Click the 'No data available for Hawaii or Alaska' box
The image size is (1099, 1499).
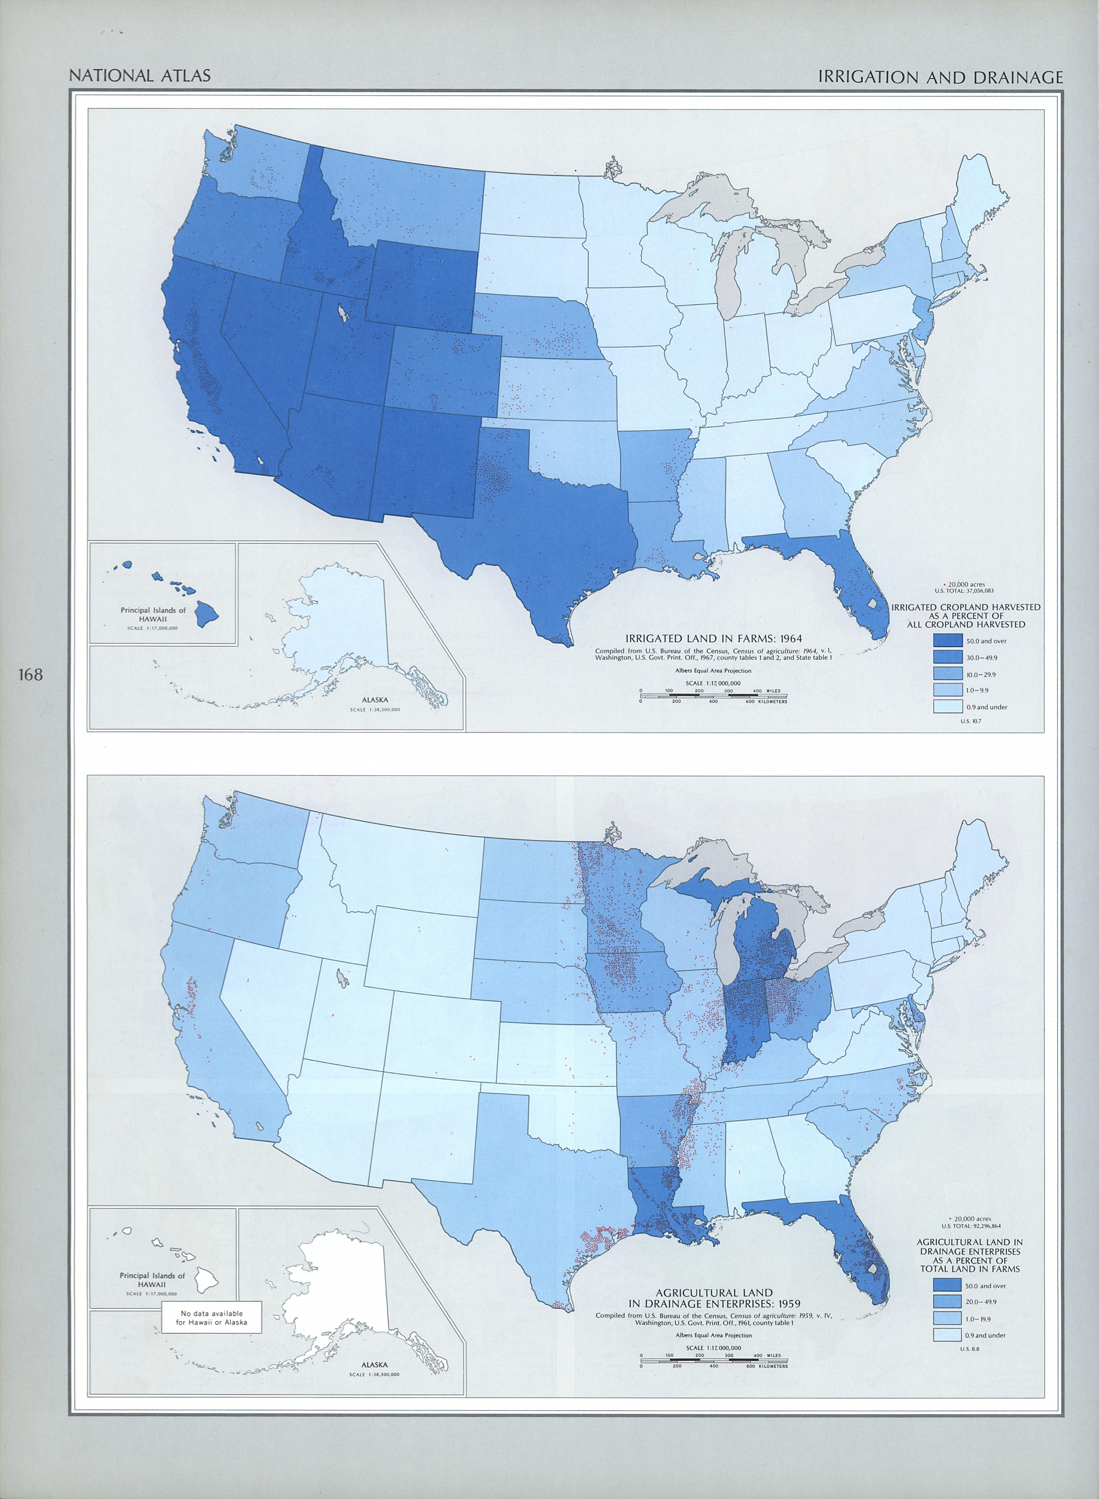tap(211, 1317)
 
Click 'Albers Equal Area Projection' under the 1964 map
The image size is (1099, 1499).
tap(713, 671)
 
